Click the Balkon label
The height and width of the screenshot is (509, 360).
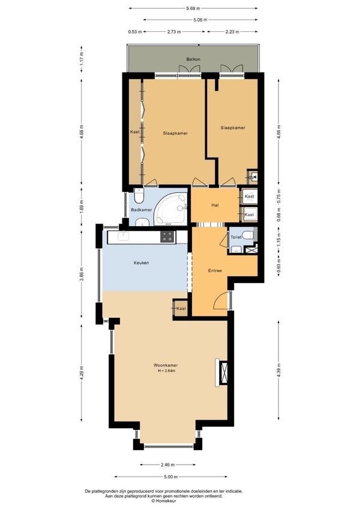[x=193, y=59]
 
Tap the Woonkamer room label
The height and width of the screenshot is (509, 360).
[x=166, y=365]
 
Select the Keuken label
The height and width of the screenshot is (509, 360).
[x=142, y=263]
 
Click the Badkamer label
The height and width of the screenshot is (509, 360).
[x=142, y=210]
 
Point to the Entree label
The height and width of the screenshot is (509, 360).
[x=215, y=270]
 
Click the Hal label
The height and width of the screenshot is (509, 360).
[x=215, y=205]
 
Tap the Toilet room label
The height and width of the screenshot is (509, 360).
[x=236, y=237]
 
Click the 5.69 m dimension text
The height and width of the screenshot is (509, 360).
[x=193, y=8]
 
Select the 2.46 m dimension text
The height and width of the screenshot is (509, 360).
[x=167, y=465]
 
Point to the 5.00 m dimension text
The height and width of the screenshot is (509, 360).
[x=171, y=477]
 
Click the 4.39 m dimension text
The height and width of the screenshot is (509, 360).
[x=279, y=369]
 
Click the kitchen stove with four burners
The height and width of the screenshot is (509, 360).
[x=167, y=236]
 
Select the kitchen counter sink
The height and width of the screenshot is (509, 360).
[x=124, y=236]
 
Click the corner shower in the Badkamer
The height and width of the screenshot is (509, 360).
[x=170, y=209]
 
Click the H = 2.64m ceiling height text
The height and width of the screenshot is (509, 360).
[x=167, y=371]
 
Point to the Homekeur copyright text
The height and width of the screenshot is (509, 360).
[x=164, y=501]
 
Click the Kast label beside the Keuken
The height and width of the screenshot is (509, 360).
[x=181, y=308]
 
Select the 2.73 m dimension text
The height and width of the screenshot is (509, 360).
[x=174, y=32]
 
